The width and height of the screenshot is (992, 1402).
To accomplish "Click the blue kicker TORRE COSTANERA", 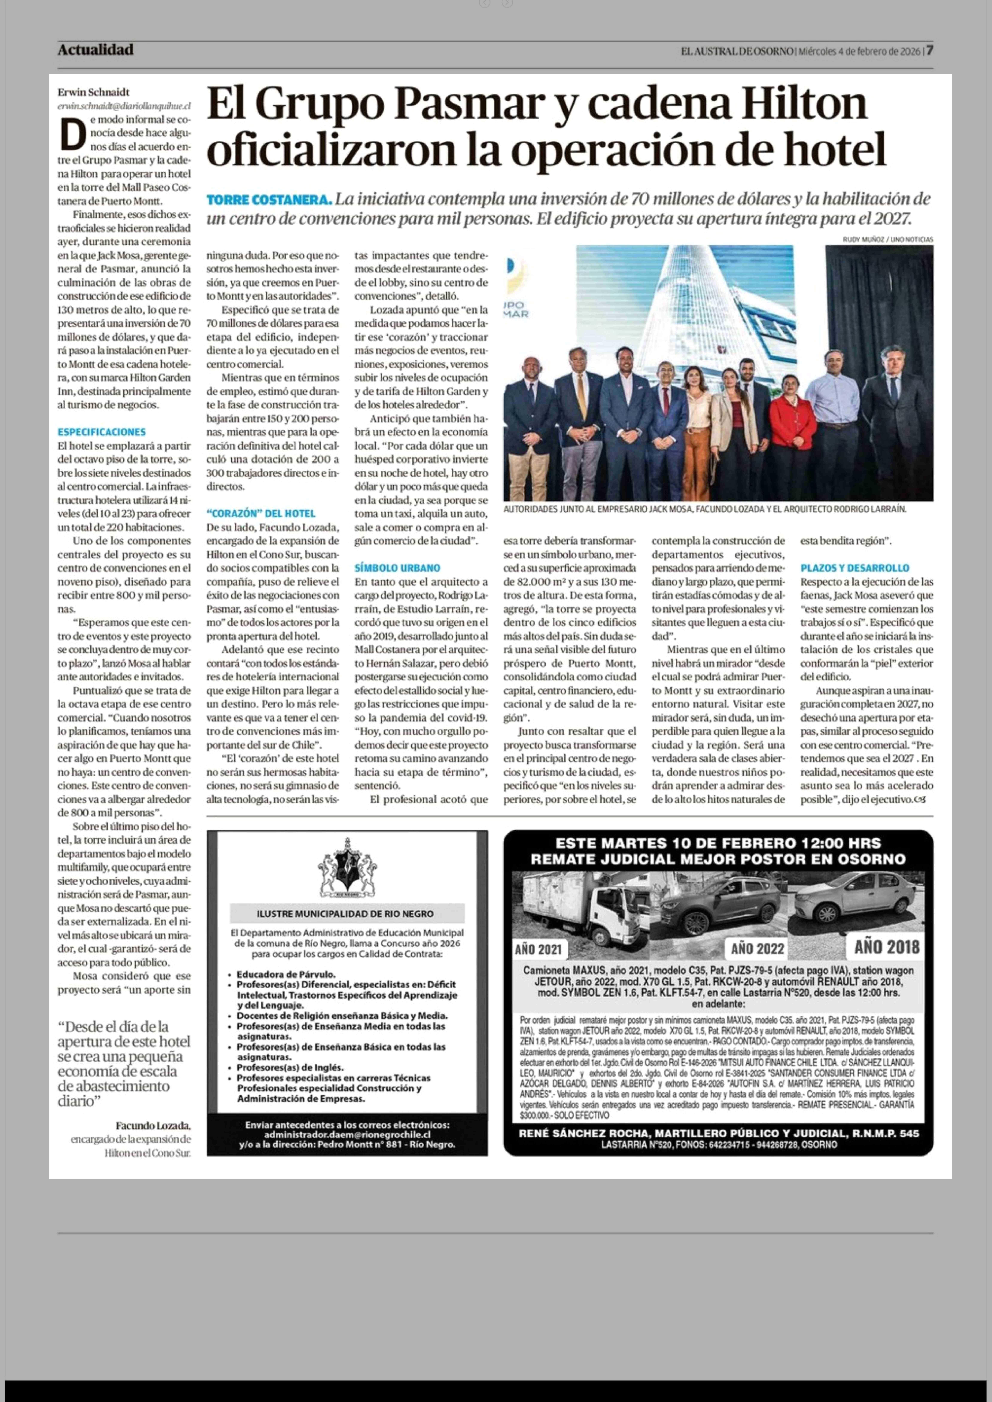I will (269, 200).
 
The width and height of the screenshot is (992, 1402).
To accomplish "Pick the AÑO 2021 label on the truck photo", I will (538, 949).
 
